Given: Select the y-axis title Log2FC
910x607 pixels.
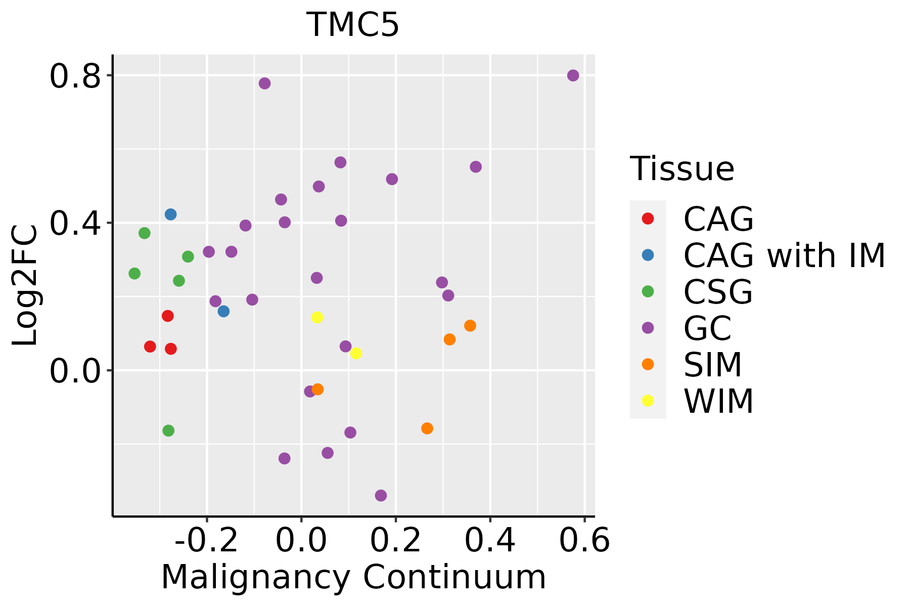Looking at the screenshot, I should [25, 286].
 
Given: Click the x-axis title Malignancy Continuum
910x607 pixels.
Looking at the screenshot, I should [353, 577].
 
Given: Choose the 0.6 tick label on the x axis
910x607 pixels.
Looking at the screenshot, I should [584, 541].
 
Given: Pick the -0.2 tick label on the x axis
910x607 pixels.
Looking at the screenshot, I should [206, 541].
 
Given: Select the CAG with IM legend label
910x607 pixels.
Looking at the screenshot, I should [784, 255].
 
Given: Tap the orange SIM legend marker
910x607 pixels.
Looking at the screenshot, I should [648, 364].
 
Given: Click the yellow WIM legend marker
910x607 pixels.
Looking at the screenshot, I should [648, 401].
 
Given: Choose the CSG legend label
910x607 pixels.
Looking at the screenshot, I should [718, 292].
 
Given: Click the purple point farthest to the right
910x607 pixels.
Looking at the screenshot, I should [573, 75].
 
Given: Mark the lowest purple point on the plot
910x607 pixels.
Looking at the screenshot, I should [381, 495].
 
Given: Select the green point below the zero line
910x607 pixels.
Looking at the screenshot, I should [168, 430].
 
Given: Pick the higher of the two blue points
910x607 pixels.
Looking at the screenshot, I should [170, 214].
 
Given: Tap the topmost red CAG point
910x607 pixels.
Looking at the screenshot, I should [168, 316].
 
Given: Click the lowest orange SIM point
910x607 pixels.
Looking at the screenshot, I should [427, 428].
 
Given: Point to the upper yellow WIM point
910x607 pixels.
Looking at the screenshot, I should [317, 318].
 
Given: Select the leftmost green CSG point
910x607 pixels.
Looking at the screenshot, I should [134, 274].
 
